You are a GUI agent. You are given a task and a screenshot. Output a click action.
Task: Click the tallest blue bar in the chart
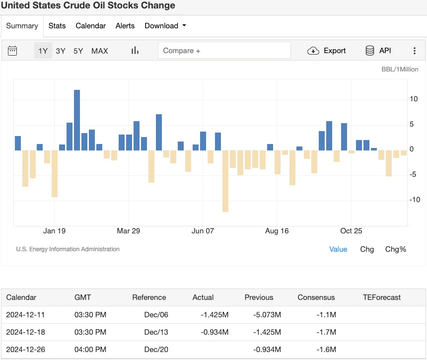pyautogui.click(x=77, y=120)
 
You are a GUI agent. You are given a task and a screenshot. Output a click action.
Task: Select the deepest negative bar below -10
pyautogui.click(x=225, y=181)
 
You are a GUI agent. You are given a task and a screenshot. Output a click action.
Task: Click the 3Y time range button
pyautogui.click(x=61, y=51)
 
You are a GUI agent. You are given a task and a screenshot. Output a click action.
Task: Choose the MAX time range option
pyautogui.click(x=99, y=51)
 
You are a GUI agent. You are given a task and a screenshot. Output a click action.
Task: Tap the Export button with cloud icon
pyautogui.click(x=327, y=51)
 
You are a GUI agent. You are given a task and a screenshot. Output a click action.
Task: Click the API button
pyautogui.click(x=378, y=51)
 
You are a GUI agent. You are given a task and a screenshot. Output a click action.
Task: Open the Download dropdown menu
pyautogui.click(x=165, y=26)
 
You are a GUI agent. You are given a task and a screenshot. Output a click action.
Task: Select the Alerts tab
pyautogui.click(x=125, y=26)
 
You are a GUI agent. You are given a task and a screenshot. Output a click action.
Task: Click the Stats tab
pyautogui.click(x=57, y=26)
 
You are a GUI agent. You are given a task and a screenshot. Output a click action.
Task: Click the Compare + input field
pyautogui.click(x=224, y=51)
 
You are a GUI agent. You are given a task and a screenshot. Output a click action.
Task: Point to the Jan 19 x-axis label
pyautogui.click(x=55, y=231)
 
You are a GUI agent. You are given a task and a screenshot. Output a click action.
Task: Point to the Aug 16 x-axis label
pyautogui.click(x=277, y=231)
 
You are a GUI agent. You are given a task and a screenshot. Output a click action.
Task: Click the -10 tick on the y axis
pyautogui.click(x=414, y=200)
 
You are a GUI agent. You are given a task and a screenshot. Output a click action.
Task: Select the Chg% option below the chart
pyautogui.click(x=395, y=249)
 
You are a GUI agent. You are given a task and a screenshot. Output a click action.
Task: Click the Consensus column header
pyautogui.click(x=316, y=297)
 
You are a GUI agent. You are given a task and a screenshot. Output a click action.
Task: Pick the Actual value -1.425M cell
pyautogui.click(x=214, y=315)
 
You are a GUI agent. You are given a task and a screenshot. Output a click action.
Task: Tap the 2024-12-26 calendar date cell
pyautogui.click(x=25, y=350)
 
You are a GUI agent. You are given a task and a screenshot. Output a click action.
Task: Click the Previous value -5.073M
pyautogui.click(x=267, y=315)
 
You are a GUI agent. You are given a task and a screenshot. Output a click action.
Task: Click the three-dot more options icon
pyautogui.click(x=415, y=51)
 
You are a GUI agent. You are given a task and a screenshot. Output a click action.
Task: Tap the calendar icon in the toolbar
pyautogui.click(x=13, y=51)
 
